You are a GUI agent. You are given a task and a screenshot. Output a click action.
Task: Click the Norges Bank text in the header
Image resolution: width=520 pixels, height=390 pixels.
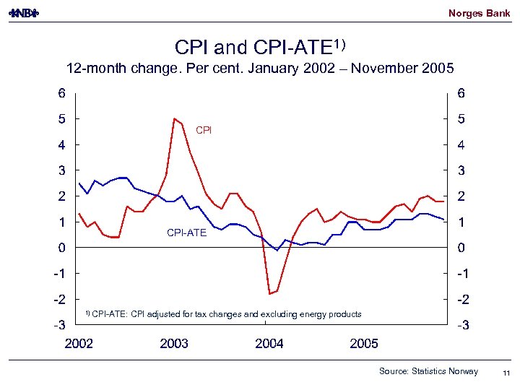point(479,13)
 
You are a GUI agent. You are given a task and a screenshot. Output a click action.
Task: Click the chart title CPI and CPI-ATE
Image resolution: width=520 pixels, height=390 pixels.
point(260,47)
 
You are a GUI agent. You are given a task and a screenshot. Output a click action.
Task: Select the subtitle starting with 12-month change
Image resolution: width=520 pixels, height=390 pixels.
point(260,69)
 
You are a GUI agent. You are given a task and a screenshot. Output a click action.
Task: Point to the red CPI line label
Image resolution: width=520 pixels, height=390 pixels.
point(204,130)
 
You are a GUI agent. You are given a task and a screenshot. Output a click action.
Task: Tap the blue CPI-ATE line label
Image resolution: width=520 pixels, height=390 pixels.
point(186,233)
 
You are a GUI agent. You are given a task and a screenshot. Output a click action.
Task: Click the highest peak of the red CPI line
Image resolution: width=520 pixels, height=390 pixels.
point(175,118)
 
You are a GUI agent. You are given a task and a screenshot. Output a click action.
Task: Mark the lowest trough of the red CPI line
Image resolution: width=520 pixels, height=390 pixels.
point(269,294)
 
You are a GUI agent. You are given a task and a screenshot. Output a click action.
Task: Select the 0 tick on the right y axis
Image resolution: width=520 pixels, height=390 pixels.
point(461,248)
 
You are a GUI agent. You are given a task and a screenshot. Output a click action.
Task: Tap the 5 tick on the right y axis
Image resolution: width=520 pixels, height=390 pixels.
point(461,118)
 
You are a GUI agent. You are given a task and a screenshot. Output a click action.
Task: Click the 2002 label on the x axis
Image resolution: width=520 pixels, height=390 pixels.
point(79,344)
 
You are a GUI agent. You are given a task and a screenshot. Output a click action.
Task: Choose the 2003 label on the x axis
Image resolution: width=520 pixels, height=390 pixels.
point(174,344)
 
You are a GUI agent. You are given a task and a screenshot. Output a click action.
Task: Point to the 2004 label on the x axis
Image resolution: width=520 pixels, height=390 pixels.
point(269,344)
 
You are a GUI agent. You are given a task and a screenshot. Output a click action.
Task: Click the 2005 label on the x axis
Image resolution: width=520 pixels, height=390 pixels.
point(364,344)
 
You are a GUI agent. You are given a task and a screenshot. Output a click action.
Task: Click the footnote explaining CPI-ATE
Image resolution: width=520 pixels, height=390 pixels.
point(224,314)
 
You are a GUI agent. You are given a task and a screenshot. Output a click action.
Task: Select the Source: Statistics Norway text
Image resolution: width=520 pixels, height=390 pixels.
point(428,371)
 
